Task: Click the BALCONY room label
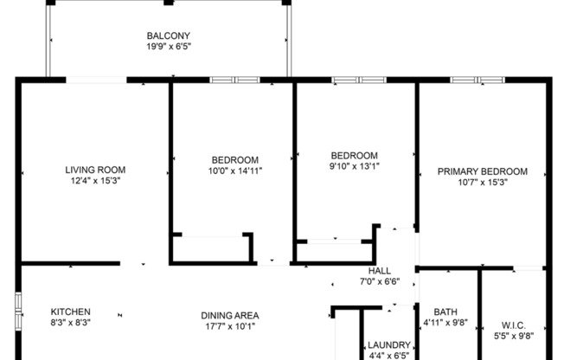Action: click(x=168, y=35)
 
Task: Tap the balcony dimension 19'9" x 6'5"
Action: click(x=168, y=47)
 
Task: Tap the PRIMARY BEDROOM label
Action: click(x=482, y=171)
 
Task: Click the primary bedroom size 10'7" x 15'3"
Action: click(x=482, y=183)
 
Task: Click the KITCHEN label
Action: click(x=70, y=312)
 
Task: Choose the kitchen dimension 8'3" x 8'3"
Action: click(x=70, y=322)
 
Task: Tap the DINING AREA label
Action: click(x=230, y=315)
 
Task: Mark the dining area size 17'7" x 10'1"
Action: click(x=230, y=326)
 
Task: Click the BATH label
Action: click(x=445, y=312)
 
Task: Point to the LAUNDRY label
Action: click(x=388, y=344)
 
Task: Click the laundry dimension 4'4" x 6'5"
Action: click(x=388, y=355)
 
